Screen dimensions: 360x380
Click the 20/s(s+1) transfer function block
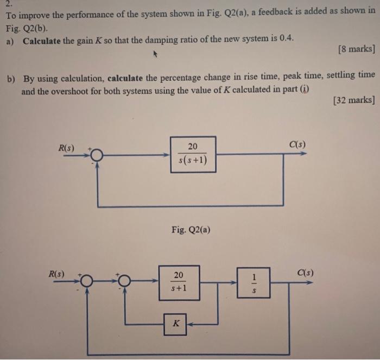(x=193, y=154)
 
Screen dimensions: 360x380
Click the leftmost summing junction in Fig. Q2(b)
(x=86, y=280)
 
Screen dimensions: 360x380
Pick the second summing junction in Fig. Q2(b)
(x=125, y=280)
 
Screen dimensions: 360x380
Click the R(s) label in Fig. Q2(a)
(x=67, y=147)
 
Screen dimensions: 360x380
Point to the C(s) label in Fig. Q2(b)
(x=305, y=272)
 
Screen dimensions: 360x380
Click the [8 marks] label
(x=356, y=49)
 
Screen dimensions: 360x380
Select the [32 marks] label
(x=354, y=99)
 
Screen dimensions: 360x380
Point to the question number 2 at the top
(x=9, y=3)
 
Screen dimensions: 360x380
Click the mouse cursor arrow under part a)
(x=155, y=54)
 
